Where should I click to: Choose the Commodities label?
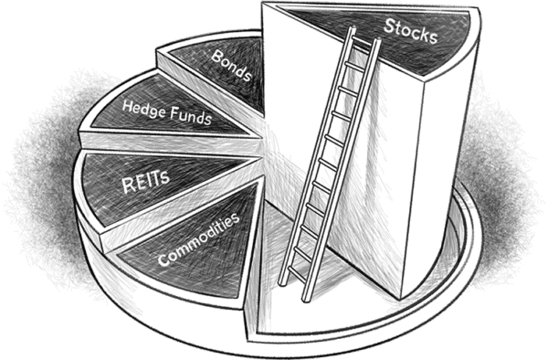(199, 239)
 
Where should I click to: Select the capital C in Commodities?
(163, 262)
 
